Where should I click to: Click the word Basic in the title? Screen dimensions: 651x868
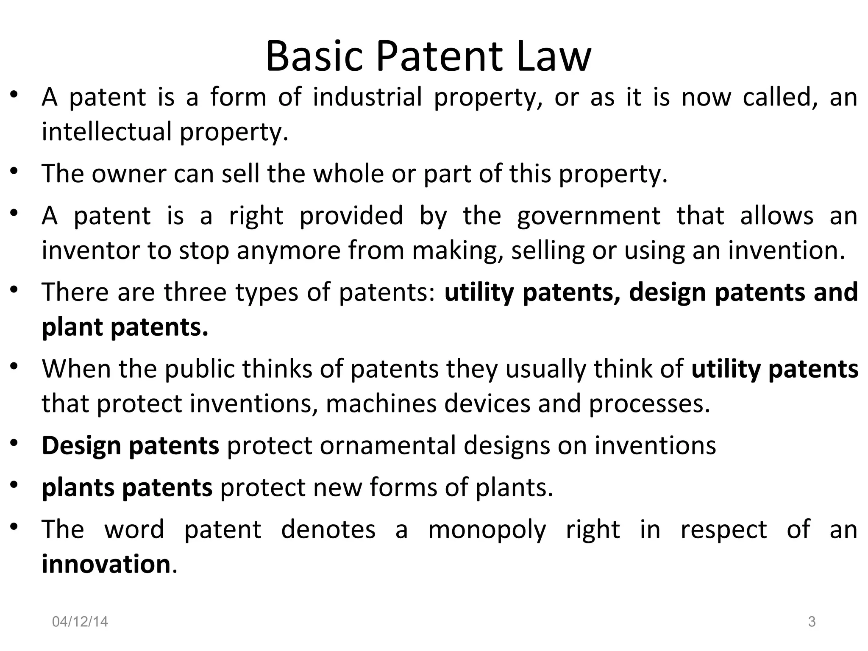314,56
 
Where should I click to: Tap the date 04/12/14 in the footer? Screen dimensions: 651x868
80,622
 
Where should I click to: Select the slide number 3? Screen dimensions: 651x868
812,622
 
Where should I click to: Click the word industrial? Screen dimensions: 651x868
367,97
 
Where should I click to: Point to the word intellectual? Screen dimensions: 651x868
106,131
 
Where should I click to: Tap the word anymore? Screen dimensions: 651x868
288,250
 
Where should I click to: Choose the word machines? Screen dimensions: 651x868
381,403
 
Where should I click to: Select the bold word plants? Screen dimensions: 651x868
78,488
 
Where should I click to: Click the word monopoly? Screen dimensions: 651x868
487,530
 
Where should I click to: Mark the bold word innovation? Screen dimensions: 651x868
106,565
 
